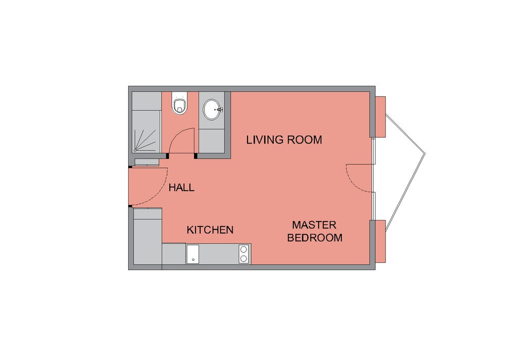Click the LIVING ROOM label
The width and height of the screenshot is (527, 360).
click(x=284, y=140)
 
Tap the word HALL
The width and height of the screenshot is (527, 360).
click(x=182, y=187)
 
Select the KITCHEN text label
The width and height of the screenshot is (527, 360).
click(x=210, y=230)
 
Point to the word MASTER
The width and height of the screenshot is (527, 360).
click(x=314, y=225)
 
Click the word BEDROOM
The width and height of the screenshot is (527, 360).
click(x=314, y=238)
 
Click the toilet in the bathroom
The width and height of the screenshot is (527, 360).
click(x=179, y=102)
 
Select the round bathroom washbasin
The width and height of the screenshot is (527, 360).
click(x=213, y=110)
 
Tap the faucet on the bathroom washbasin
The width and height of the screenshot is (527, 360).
click(x=219, y=110)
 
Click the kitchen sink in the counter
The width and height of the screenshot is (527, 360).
click(x=192, y=254)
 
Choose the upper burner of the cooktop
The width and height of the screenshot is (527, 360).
click(x=243, y=249)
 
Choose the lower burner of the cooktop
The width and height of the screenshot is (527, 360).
click(x=243, y=259)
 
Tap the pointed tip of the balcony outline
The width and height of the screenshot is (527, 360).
click(x=425, y=154)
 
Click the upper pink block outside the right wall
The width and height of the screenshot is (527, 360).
click(x=380, y=117)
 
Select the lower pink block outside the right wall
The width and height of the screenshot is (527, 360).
click(x=380, y=242)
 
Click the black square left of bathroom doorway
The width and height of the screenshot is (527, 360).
click(x=167, y=155)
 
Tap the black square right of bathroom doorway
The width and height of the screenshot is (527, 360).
click(x=196, y=155)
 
